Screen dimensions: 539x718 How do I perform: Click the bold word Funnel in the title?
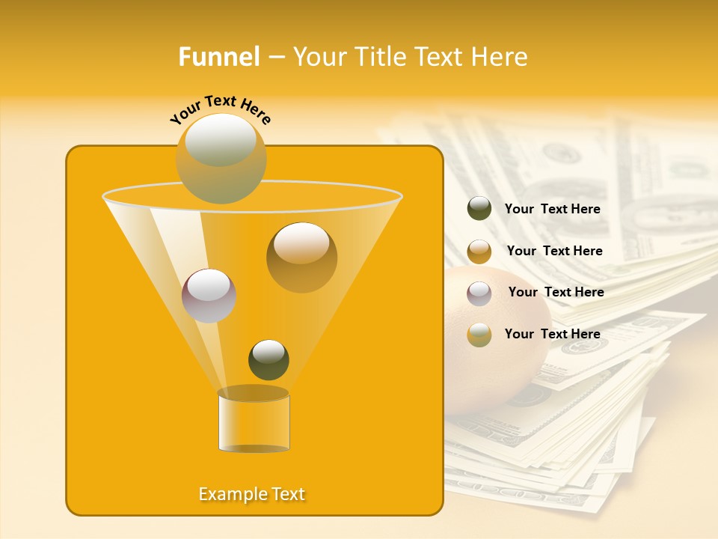coord(218,57)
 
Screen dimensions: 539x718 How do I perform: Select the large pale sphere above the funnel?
coord(221,158)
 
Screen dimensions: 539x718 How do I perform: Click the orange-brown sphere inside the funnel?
coord(301,257)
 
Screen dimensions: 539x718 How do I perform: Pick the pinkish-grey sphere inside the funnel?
coord(209,296)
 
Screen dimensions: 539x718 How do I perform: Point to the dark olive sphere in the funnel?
coord(269,359)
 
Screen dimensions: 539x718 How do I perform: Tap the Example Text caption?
coord(252,494)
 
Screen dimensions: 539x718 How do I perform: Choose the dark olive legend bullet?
coord(479,209)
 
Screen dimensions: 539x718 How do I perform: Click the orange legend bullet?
coord(479,252)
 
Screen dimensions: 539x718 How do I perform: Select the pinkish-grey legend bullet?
coord(479,293)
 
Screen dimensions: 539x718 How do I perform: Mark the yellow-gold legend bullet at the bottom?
coord(479,334)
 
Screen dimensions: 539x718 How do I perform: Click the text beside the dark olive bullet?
coord(552,209)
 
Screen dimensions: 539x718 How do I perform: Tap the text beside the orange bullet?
coord(554,251)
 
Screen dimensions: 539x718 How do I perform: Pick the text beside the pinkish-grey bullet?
coord(556,292)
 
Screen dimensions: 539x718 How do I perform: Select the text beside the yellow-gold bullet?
coord(552,334)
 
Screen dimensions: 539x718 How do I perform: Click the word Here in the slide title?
coord(497,57)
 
